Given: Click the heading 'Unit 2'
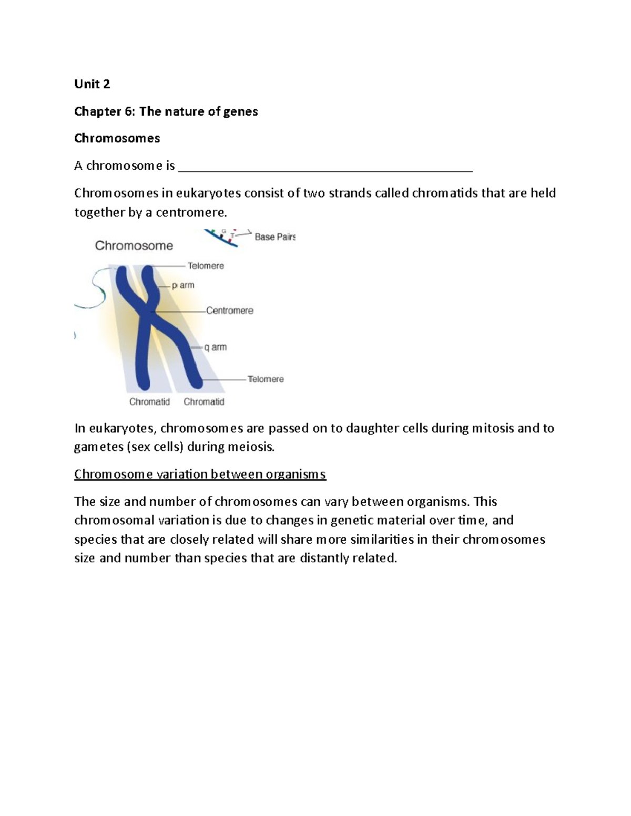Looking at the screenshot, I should tap(92, 84).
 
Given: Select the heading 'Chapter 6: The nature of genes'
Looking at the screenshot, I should tap(166, 111).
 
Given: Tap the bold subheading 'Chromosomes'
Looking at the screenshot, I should tap(117, 138).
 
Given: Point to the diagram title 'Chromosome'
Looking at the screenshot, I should tap(134, 245).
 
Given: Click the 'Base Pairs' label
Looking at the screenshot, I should tap(274, 237).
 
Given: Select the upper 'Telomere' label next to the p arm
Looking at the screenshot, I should tap(206, 266).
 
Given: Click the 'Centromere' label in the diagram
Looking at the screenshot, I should tap(229, 311).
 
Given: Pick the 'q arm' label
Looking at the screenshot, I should tap(215, 347).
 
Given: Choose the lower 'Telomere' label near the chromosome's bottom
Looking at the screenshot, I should tap(266, 379).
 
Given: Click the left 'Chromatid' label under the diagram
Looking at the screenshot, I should tap(149, 402).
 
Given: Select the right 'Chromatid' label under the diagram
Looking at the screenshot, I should tap(204, 402).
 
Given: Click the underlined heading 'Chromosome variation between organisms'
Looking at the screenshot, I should tap(200, 474).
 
